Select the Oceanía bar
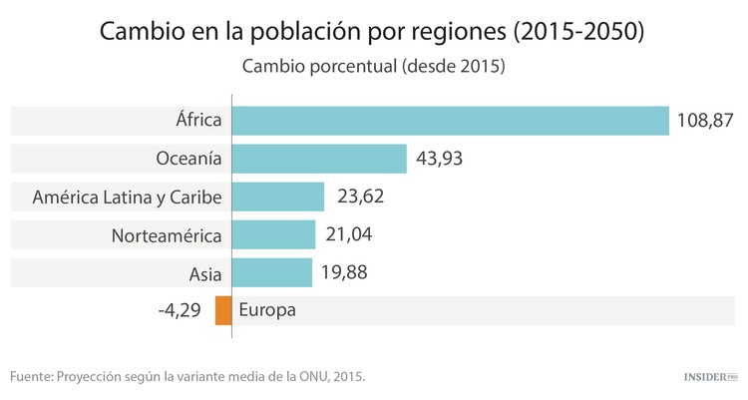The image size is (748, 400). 319,159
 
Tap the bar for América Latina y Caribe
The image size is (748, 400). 278,197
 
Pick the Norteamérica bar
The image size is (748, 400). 273,234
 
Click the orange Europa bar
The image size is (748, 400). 223,310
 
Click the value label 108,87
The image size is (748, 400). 706,121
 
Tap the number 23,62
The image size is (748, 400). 360,197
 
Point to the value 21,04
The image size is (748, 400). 350,234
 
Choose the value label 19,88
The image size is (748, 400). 345,272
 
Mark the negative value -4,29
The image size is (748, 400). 180,310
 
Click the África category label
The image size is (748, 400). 196,121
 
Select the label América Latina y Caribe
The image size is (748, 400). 127,197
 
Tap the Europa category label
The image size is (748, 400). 267,310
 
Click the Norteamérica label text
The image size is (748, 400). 168,234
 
